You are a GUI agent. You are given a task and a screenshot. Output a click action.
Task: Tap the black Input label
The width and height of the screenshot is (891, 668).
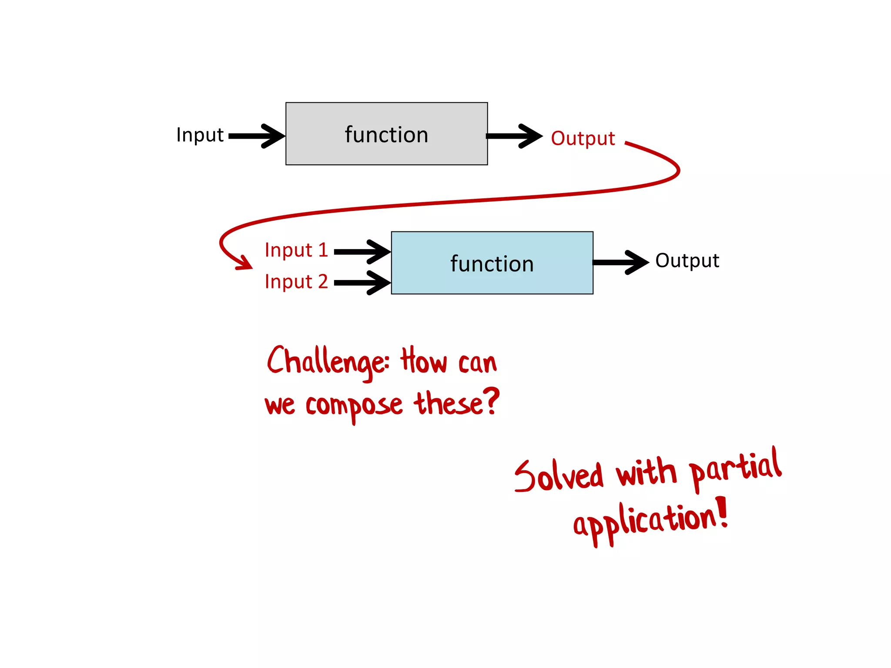[200, 135]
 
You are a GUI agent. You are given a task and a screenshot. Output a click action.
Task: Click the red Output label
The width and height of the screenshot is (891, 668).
[583, 138]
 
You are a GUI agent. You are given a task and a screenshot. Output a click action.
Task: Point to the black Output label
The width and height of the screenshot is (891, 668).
[687, 261]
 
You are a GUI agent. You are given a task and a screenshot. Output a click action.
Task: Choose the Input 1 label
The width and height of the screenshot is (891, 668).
[296, 250]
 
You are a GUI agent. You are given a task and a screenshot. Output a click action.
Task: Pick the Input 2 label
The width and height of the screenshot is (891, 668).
[296, 282]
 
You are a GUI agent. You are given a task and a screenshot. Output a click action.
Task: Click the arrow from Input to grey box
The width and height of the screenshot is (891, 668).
[257, 136]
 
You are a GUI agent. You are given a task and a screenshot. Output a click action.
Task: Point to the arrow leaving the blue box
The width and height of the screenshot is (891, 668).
[620, 262]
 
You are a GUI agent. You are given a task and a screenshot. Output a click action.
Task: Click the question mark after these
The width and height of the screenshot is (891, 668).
[492, 401]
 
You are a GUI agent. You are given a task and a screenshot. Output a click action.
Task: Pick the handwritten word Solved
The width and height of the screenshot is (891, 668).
[559, 476]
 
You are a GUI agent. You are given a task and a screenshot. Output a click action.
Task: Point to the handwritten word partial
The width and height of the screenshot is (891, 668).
[736, 468]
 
